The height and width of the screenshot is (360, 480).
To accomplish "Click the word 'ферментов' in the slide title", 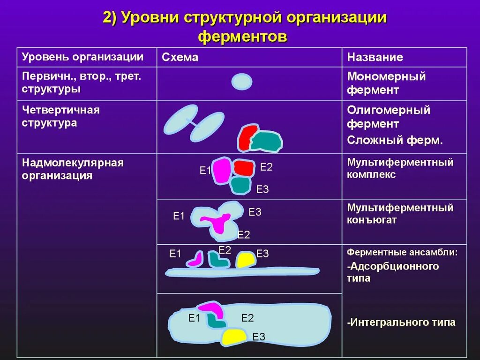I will pyautogui.click(x=242, y=37).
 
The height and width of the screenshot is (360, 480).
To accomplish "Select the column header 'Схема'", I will pyautogui.click(x=180, y=57).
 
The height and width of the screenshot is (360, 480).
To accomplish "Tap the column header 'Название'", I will pyautogui.click(x=375, y=57).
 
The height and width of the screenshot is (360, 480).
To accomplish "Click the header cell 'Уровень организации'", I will pyautogui.click(x=82, y=57).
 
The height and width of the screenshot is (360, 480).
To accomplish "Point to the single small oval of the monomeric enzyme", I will pyautogui.click(x=242, y=82).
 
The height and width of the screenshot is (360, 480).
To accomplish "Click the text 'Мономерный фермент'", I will pyautogui.click(x=386, y=83).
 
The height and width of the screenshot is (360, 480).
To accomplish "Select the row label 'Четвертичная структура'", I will pyautogui.click(x=61, y=116).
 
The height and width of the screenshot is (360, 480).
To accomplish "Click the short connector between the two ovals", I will pyautogui.click(x=193, y=123).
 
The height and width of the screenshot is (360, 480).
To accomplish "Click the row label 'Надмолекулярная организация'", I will pyautogui.click(x=73, y=169).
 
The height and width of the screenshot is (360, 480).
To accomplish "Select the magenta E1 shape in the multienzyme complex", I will pyautogui.click(x=222, y=170).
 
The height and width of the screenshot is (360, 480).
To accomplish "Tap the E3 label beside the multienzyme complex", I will pyautogui.click(x=262, y=189).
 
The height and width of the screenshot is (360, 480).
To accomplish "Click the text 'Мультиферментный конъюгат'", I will pyautogui.click(x=400, y=213).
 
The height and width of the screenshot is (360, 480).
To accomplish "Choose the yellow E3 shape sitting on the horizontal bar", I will pyautogui.click(x=245, y=260).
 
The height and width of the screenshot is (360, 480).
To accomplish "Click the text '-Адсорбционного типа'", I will pyautogui.click(x=393, y=272).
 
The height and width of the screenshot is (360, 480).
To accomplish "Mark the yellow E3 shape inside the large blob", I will pyautogui.click(x=234, y=336).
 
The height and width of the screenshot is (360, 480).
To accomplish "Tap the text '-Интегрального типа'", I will pyautogui.click(x=401, y=322).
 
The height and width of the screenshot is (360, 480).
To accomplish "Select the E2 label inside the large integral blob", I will pyautogui.click(x=247, y=318).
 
